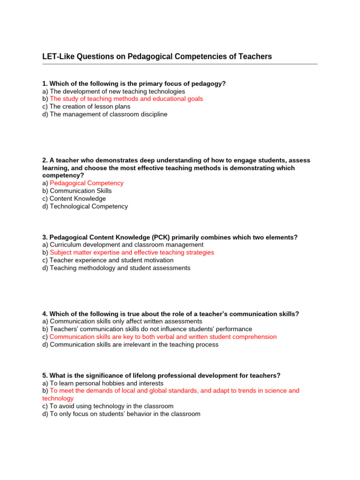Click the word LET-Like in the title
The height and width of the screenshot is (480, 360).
point(58,57)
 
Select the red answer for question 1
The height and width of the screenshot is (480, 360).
point(126,99)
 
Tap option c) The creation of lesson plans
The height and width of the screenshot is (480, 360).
point(86,106)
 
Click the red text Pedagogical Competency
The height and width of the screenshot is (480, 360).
point(87,183)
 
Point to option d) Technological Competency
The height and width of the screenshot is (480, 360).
point(85,206)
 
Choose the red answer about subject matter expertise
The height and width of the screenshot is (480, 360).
point(132,252)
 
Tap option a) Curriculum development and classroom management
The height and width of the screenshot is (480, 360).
point(123,245)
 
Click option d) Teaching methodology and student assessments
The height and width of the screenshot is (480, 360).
point(116,268)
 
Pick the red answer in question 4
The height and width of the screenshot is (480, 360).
point(163,337)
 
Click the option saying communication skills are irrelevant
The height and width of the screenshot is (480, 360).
point(130,345)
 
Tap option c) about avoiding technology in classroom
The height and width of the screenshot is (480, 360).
point(108,406)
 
